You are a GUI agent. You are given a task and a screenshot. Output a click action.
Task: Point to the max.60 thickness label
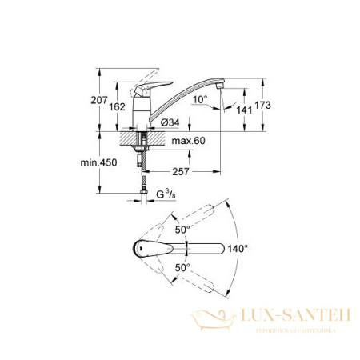pos(190,142)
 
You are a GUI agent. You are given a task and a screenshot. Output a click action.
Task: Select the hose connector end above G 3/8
pos(141,190)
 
